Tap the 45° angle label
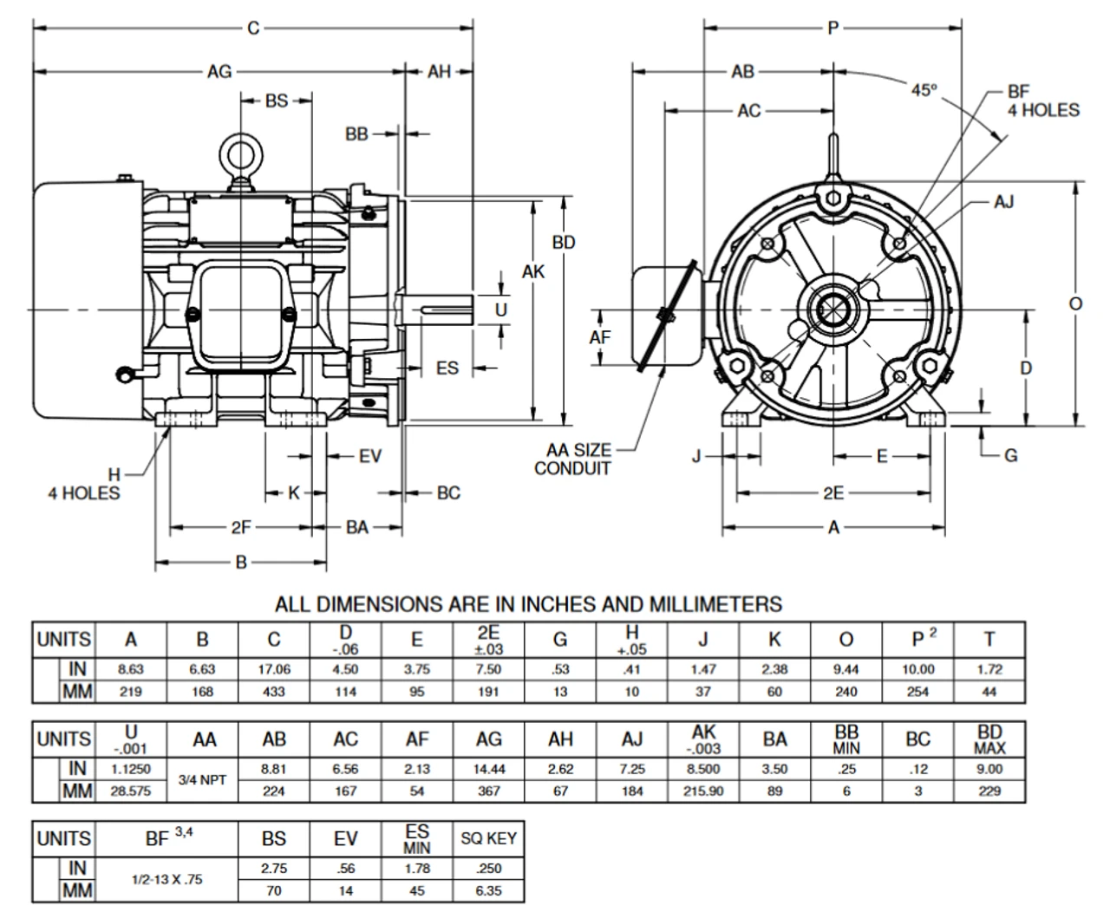924,89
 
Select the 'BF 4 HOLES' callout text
1042,101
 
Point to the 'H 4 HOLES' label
84,484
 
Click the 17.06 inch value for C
274,669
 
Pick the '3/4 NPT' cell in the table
202,779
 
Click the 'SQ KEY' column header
488,838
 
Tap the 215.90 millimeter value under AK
703,791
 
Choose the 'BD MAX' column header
989,739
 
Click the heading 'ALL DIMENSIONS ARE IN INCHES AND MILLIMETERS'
528,603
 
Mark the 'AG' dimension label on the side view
219,72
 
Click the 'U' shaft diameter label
500,309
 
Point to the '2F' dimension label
241,527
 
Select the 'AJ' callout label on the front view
1003,202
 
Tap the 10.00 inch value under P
917,669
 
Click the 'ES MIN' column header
417,838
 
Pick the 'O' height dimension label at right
1075,303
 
